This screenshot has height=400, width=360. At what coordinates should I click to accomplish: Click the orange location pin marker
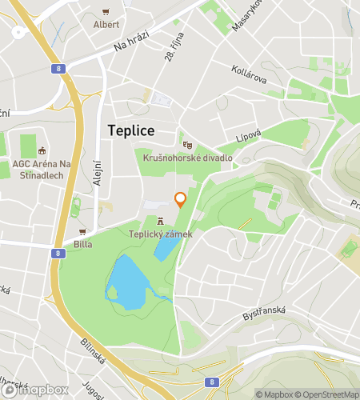[x=180, y=199]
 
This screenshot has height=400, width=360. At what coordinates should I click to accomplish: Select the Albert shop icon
[x=106, y=12]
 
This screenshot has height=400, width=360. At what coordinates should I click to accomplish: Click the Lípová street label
[x=248, y=138]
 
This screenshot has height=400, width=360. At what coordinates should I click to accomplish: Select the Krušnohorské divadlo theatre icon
[x=187, y=145]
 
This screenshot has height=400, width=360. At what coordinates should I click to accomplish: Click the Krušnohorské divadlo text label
[x=187, y=158]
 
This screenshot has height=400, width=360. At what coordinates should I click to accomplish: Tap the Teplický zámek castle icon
[x=161, y=221]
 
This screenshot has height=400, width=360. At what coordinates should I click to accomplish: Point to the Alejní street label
[x=97, y=171]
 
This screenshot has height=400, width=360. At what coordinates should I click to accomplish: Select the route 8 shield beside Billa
[x=58, y=254]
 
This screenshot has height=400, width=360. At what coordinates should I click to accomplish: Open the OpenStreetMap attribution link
[x=327, y=394]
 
